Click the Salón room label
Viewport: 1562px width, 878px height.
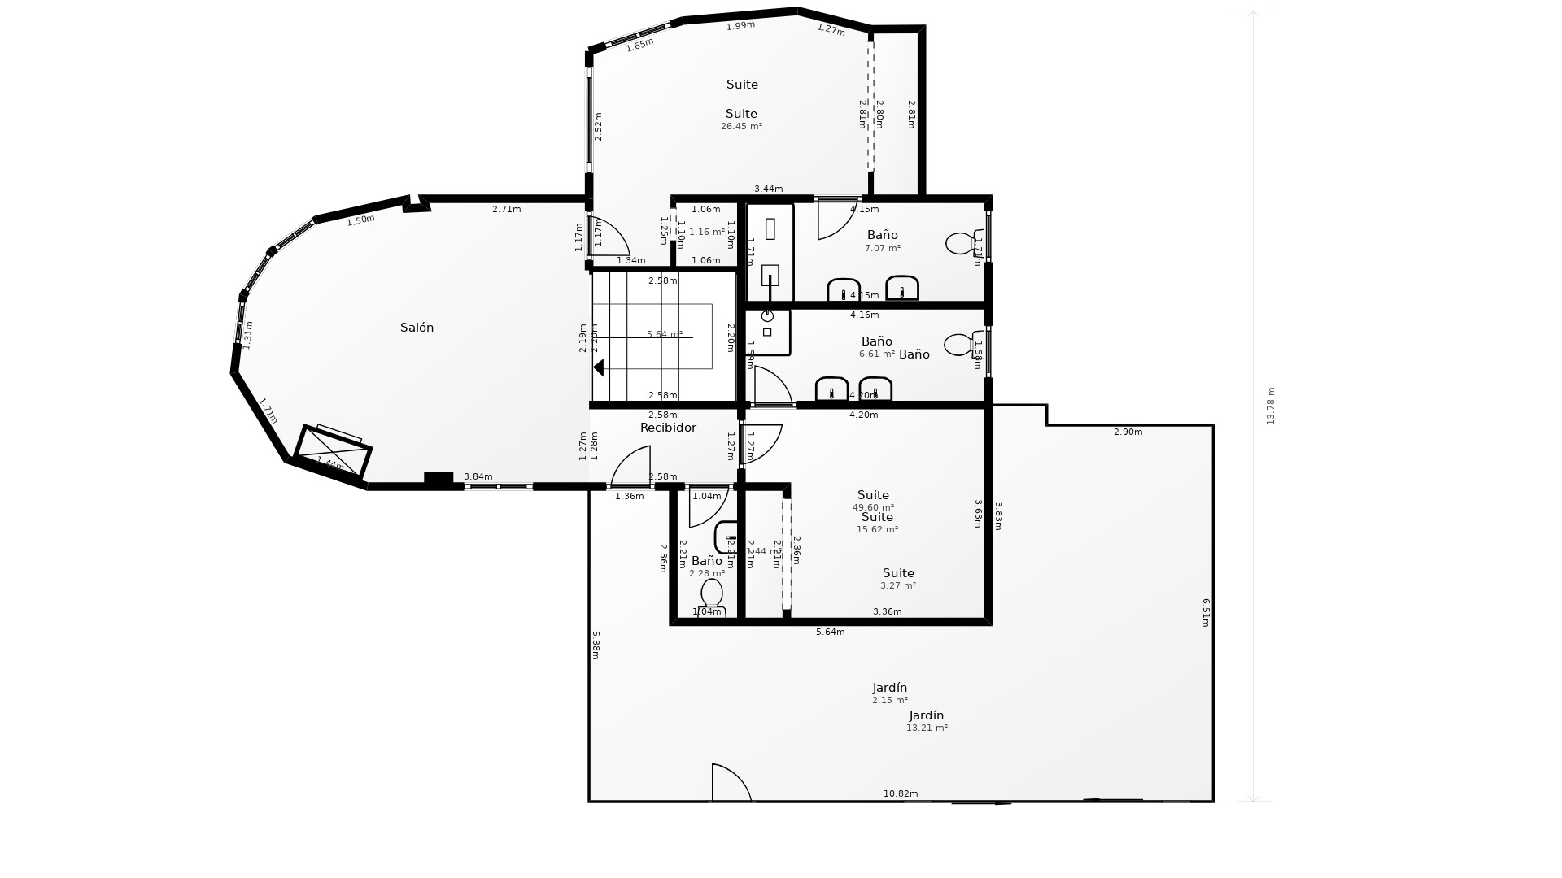click(x=417, y=328)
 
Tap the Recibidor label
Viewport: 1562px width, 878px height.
click(x=668, y=428)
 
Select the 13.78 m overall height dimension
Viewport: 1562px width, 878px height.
click(x=1271, y=406)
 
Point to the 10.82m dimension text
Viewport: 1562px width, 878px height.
click(x=901, y=793)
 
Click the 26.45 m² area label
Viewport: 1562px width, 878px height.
click(x=741, y=127)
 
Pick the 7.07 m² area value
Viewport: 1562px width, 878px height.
click(x=882, y=249)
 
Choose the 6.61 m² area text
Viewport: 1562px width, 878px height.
click(x=876, y=354)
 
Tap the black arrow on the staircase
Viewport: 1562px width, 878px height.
click(x=599, y=367)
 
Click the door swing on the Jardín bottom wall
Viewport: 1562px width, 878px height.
click(x=730, y=783)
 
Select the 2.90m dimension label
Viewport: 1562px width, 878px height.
click(x=1128, y=432)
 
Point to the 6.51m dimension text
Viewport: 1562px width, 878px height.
click(x=1206, y=612)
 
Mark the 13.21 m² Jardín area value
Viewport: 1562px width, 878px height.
click(x=927, y=728)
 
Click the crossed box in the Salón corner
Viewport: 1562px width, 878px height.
click(x=333, y=452)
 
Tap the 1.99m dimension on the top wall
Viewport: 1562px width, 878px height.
click(x=740, y=25)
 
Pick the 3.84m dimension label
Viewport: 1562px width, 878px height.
click(x=478, y=476)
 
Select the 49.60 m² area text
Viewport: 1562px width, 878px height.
click(x=873, y=507)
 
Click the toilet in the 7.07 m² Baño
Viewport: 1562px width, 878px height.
click(x=960, y=243)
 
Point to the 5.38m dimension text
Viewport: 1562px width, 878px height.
click(x=596, y=645)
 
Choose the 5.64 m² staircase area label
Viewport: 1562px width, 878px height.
click(x=664, y=334)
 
